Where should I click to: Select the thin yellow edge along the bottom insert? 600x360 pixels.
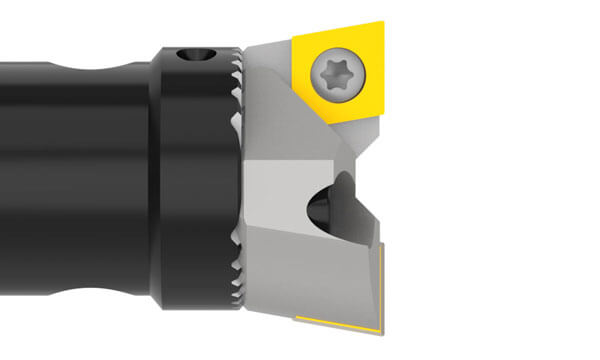[340, 322]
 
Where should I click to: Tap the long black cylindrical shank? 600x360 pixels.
[70, 180]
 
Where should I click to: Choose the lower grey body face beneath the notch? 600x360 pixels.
[300, 270]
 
